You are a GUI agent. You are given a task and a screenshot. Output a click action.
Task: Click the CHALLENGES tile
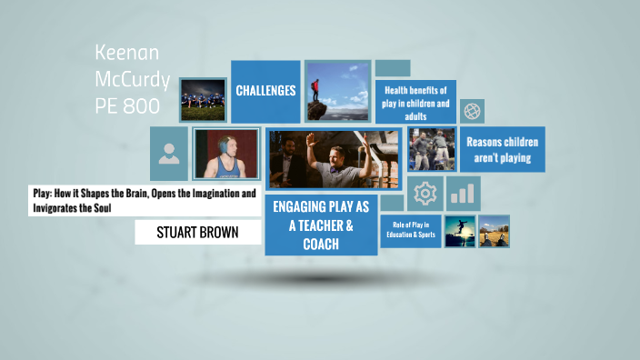pyautogui.click(x=265, y=91)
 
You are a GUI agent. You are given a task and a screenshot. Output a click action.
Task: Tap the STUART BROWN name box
pyautogui.click(x=197, y=232)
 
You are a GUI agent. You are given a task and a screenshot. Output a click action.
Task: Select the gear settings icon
pyautogui.click(x=424, y=193)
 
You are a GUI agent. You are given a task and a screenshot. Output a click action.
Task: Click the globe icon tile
pyautogui.click(x=472, y=111)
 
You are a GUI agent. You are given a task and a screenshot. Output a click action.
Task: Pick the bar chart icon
pyautogui.click(x=463, y=193)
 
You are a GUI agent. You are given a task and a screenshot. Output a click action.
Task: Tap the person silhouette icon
pyautogui.click(x=169, y=154)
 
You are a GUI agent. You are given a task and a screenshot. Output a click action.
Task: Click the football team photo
pyautogui.click(x=203, y=99)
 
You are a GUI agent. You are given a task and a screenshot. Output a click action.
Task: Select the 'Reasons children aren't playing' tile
pyautogui.click(x=502, y=150)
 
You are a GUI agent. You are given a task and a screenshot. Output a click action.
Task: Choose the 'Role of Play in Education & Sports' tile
pyautogui.click(x=415, y=229)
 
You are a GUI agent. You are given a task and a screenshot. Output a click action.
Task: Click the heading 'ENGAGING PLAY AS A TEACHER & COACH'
pyautogui.click(x=313, y=225)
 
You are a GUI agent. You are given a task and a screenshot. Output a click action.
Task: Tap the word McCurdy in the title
pyautogui.click(x=133, y=79)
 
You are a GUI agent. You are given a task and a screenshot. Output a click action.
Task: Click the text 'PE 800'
pyautogui.click(x=127, y=105)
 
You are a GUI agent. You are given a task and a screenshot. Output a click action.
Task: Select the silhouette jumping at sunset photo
pyautogui.click(x=459, y=231)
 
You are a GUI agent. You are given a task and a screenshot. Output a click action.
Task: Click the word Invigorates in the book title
pyautogui.click(x=64, y=208)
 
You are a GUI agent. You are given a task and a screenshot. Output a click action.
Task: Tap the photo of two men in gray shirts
pyautogui.click(x=431, y=149)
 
